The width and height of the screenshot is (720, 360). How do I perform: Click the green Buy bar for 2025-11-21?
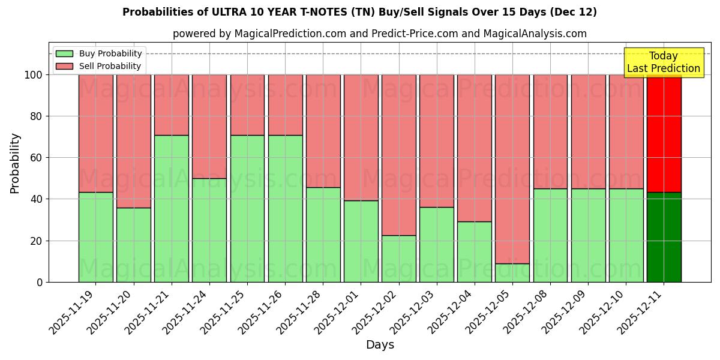point(172,208)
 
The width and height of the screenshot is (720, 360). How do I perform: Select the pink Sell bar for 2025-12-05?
point(512,169)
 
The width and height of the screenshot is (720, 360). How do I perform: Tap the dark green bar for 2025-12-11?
point(664,237)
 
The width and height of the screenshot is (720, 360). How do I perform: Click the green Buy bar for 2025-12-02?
point(399,259)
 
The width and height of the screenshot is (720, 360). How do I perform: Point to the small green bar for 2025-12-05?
point(512,273)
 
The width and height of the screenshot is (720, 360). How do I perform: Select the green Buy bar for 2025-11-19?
point(96,237)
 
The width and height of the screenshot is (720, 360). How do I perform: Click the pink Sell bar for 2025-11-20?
point(134,141)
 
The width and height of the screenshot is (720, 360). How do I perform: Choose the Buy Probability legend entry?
point(99,53)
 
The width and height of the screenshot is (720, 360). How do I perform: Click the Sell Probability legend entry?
point(99,66)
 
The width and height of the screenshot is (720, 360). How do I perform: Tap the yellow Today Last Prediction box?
point(664,62)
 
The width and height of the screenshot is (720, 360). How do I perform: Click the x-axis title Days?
point(380,345)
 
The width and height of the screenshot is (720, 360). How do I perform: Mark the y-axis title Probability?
point(15,163)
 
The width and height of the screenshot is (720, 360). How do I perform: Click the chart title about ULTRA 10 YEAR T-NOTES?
point(359,12)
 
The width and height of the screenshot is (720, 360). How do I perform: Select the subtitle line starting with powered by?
point(380,34)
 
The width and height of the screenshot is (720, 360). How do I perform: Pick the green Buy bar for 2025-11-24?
point(209,230)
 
